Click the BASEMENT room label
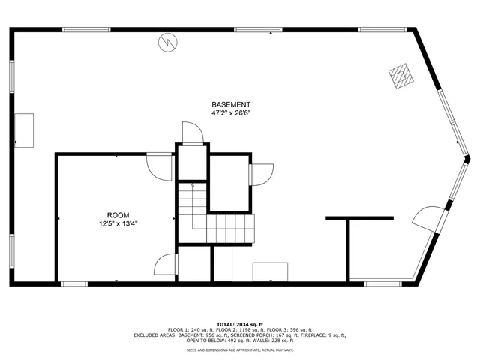pos(231,104)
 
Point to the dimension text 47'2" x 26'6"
pos(231,113)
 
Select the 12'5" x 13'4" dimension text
pos(118,223)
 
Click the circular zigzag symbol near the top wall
pos(167,42)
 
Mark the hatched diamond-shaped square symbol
pos(400,75)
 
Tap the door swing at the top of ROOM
pos(159,165)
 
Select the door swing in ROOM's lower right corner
pos(166,265)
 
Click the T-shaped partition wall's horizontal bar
pos(359,218)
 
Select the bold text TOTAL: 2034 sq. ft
pos(240,322)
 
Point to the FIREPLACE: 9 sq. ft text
pos(325,334)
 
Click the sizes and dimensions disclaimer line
pos(240,350)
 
